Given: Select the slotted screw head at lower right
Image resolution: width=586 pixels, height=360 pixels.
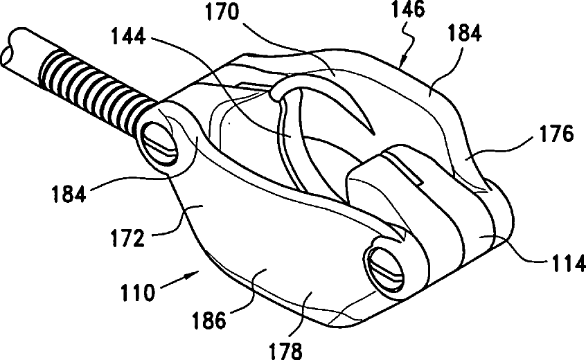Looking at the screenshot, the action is [385, 266].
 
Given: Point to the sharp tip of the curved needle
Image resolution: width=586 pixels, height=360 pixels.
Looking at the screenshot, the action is [373, 134].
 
